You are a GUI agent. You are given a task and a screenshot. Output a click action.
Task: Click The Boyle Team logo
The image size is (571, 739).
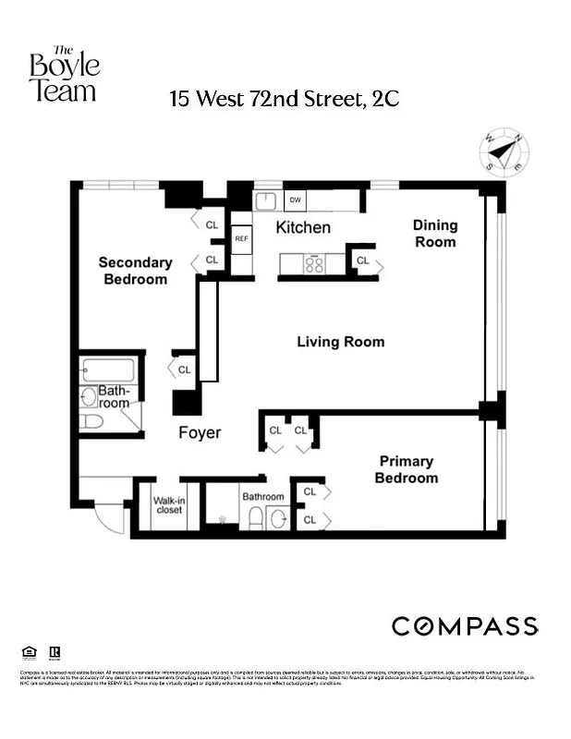(63, 73)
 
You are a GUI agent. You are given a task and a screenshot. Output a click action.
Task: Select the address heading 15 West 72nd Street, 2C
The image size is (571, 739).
(285, 99)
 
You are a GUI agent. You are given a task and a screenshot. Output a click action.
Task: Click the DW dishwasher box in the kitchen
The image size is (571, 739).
(296, 200)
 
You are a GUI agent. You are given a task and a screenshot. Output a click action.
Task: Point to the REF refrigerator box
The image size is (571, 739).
(241, 238)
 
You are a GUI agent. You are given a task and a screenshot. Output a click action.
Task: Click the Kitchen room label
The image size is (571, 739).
(303, 227)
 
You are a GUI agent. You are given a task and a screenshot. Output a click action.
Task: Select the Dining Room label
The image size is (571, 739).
(434, 233)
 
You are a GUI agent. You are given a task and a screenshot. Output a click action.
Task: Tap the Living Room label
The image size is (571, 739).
(340, 342)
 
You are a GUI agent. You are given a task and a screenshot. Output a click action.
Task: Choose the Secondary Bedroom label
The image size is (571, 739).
(135, 271)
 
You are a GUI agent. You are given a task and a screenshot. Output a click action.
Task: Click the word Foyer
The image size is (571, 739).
(200, 432)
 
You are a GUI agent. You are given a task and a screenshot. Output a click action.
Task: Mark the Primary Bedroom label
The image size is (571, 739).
(406, 469)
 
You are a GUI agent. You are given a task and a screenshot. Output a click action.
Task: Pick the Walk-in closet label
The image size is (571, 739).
(167, 505)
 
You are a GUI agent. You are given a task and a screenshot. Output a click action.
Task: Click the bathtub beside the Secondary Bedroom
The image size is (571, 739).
(108, 371)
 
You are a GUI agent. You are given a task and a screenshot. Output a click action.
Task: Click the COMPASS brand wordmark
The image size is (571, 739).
(465, 625)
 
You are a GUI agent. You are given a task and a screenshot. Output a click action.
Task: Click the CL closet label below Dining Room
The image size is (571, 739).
(362, 261)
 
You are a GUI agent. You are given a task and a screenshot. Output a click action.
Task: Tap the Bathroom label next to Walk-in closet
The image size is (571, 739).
(263, 497)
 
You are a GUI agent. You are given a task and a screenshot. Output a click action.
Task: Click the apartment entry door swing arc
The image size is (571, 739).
(109, 516)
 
